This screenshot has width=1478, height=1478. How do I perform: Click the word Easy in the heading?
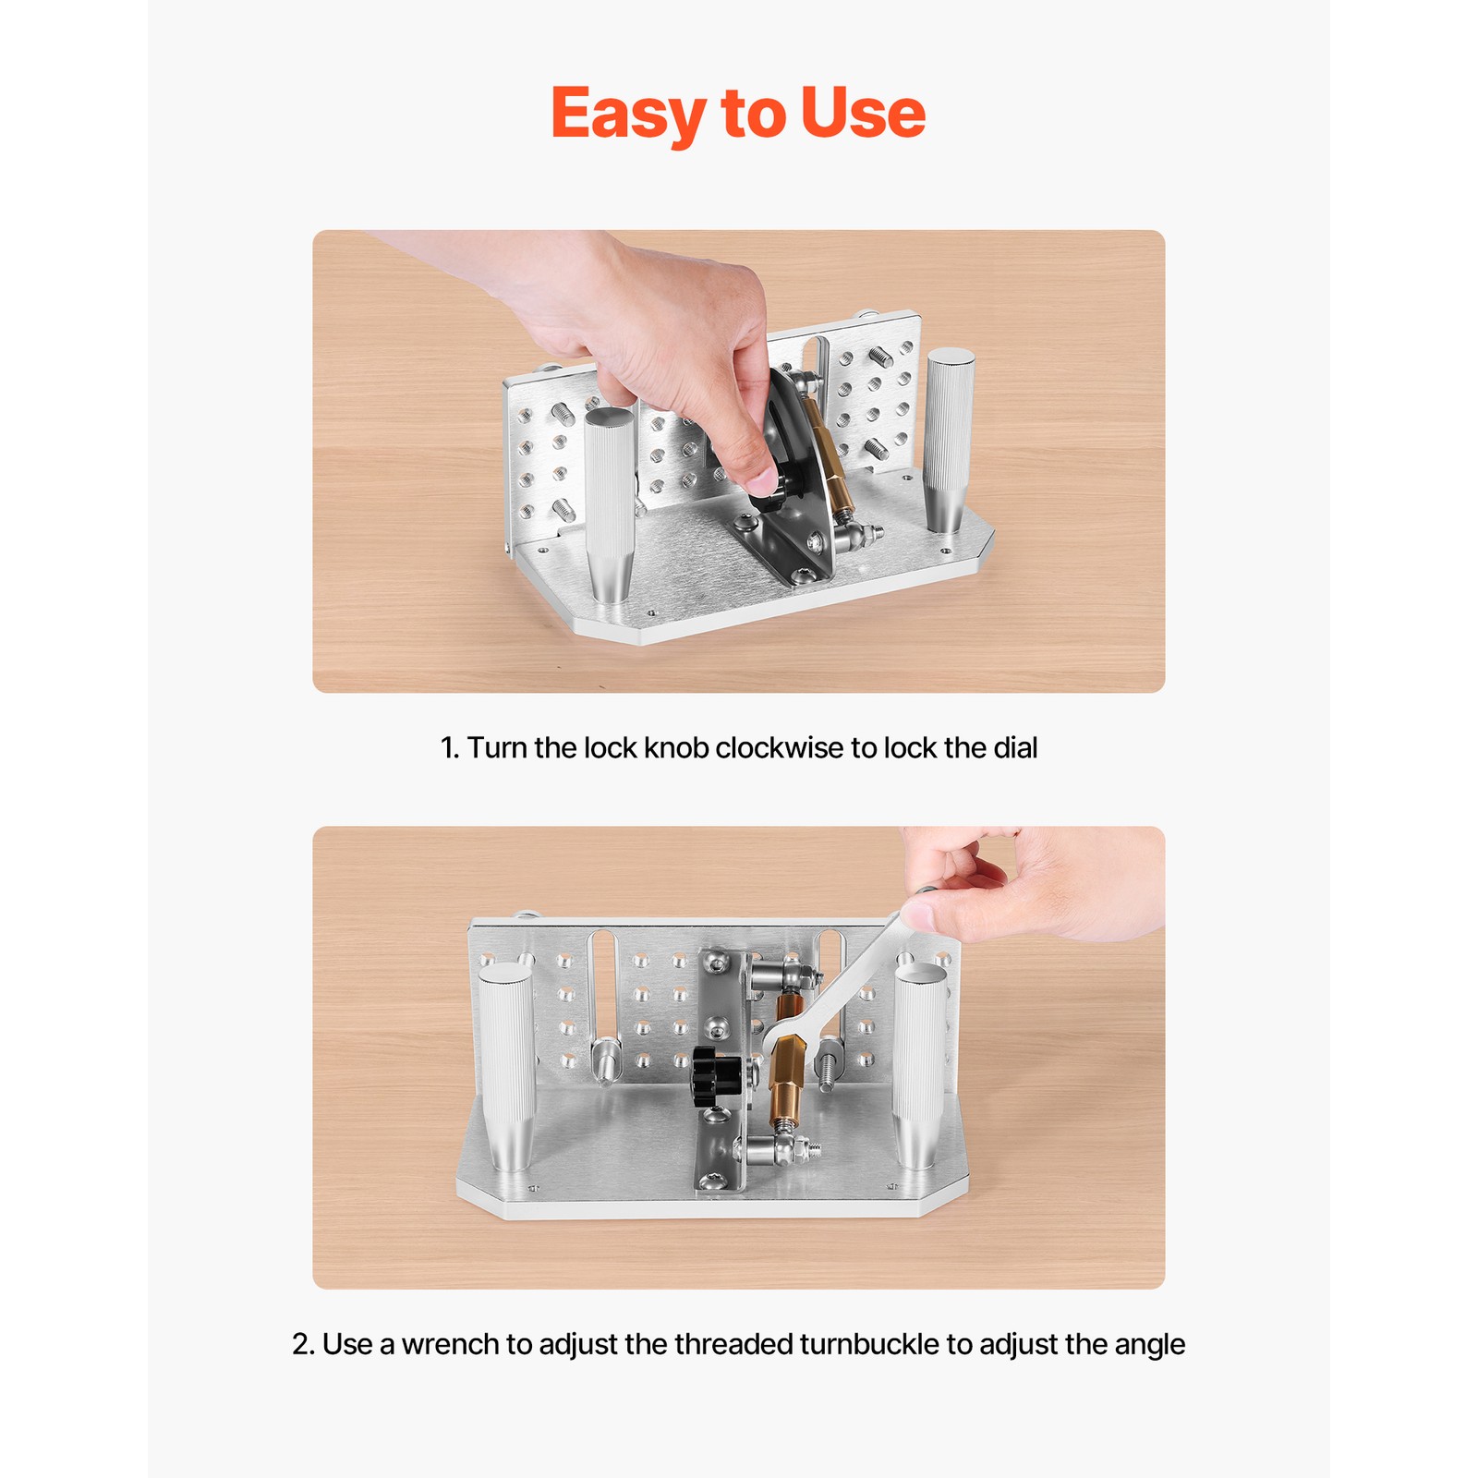click(629, 114)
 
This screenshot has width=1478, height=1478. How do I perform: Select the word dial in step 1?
click(1015, 747)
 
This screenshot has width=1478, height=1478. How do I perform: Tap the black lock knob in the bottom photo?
click(716, 1075)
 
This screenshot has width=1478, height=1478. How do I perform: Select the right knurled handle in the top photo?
click(949, 440)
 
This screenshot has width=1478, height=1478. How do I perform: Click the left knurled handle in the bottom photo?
click(508, 1066)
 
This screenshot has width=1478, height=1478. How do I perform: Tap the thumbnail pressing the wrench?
click(917, 915)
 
